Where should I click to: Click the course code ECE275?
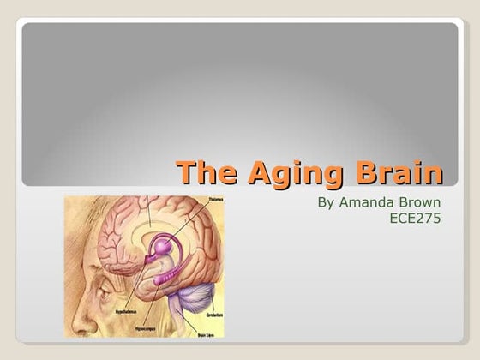click(x=417, y=219)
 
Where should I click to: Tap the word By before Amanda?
click(x=326, y=202)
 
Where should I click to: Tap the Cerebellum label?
click(x=213, y=315)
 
